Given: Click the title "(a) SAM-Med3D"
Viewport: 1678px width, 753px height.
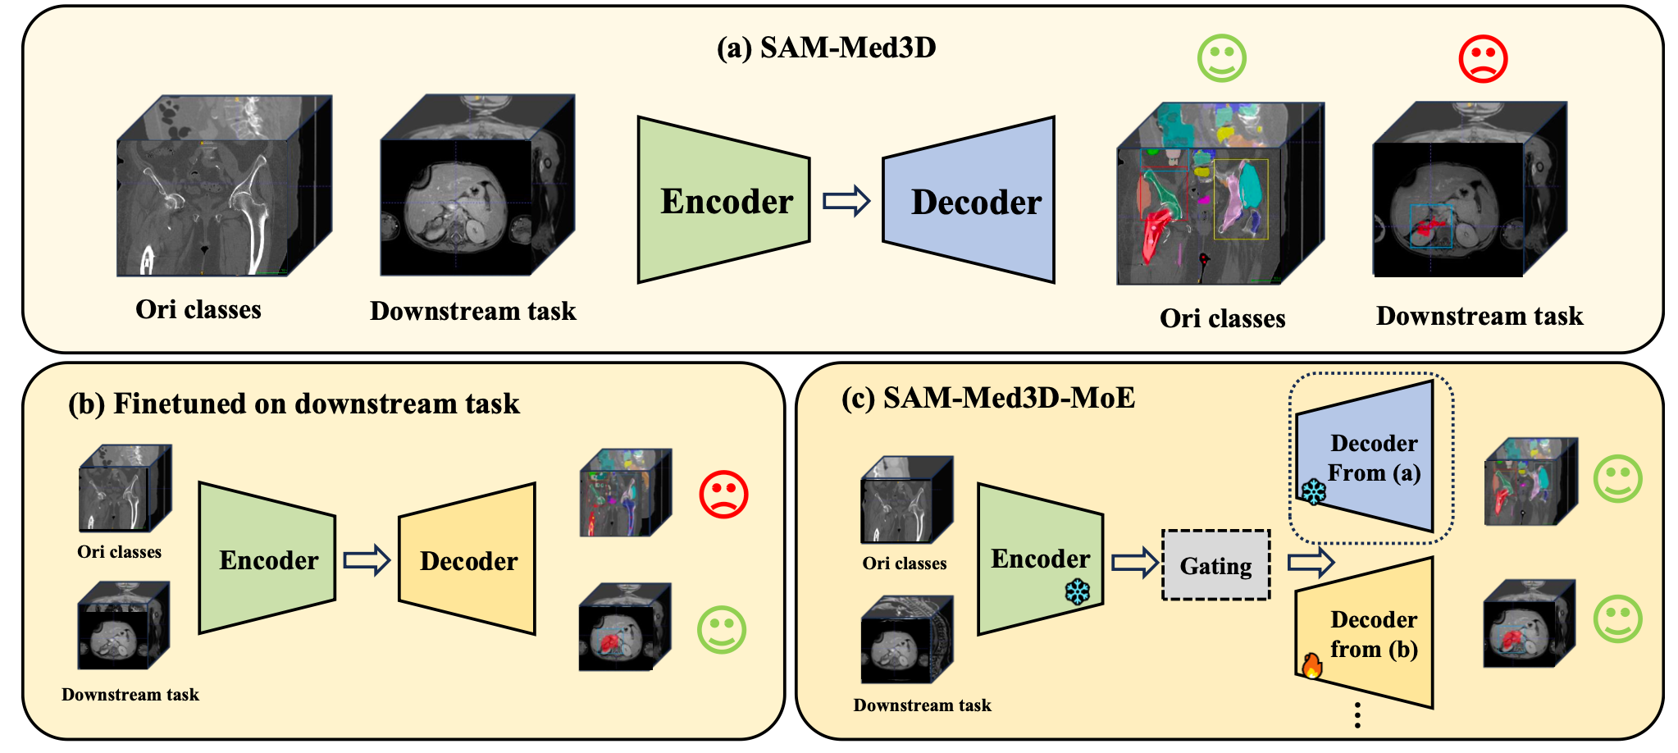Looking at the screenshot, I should tap(826, 48).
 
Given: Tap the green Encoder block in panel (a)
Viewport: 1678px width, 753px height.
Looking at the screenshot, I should tap(724, 201).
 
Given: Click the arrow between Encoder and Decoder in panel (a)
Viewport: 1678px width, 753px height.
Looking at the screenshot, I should tap(846, 201).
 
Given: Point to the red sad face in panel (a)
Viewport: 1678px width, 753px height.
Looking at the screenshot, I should tap(1483, 59).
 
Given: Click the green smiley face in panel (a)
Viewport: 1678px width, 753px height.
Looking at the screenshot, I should tap(1221, 58).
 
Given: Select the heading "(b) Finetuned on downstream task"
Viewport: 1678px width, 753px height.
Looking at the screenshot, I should tap(294, 404).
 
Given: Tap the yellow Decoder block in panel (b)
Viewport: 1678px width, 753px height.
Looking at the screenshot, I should tap(467, 560).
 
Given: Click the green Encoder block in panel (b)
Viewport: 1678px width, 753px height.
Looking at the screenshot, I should tap(267, 559).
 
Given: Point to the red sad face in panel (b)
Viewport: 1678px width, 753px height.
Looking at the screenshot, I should tap(723, 494).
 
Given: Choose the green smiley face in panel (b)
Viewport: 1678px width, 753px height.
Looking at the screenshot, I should tap(722, 629).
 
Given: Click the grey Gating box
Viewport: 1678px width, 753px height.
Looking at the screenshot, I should tap(1215, 565).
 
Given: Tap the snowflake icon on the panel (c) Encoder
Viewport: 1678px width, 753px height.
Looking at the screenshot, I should tap(1077, 592).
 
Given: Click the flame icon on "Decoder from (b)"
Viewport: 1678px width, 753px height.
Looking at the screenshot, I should tap(1312, 665).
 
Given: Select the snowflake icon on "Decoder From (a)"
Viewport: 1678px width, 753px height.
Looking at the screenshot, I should tap(1314, 492).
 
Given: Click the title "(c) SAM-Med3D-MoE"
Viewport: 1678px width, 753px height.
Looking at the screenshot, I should tap(987, 399).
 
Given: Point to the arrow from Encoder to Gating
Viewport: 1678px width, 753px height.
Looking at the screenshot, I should tap(1133, 564).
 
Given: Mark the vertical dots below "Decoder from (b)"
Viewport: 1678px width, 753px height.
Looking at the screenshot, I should tap(1358, 715).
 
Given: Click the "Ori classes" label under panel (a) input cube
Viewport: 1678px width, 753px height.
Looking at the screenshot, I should tap(198, 310).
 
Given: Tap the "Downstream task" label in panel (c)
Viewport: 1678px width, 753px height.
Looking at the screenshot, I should tap(922, 705).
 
